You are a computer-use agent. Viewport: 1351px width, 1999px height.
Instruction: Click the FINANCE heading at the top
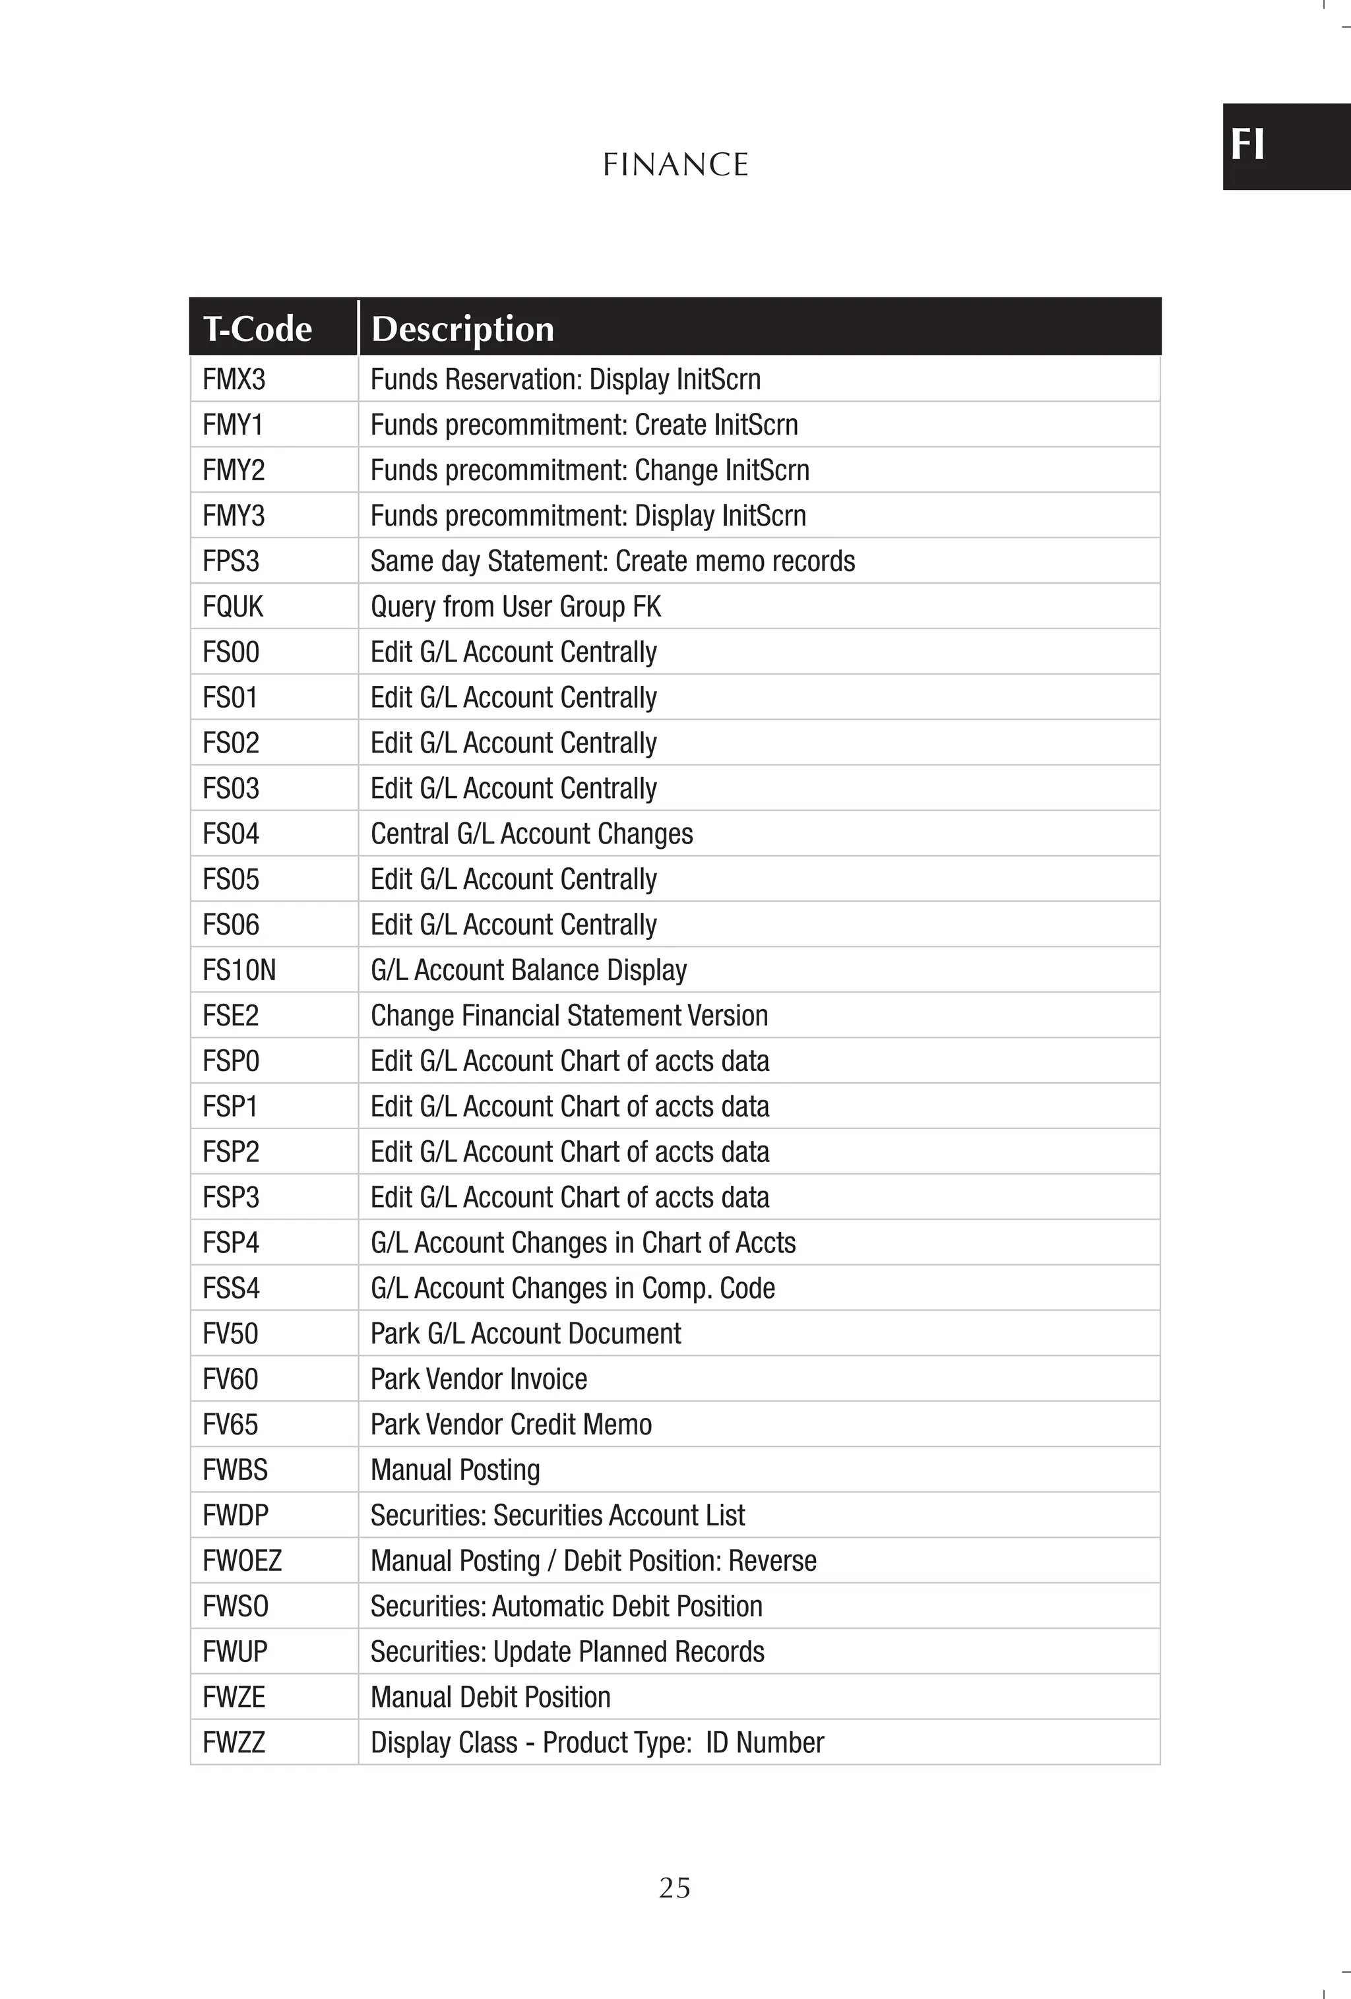tap(675, 164)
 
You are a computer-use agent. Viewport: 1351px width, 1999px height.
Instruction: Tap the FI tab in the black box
tap(1247, 144)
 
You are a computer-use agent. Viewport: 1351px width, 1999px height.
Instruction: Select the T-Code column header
tap(257, 328)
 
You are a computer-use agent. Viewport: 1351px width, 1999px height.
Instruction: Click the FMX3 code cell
tap(234, 379)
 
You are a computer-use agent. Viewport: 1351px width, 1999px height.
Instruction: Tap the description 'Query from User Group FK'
tap(515, 606)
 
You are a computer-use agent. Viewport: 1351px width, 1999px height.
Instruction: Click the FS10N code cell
tap(239, 970)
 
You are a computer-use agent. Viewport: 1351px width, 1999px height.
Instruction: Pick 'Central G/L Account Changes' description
tap(531, 834)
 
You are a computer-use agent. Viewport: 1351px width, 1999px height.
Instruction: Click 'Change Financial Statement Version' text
tap(569, 1016)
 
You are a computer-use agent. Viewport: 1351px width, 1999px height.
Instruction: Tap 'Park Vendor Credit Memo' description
tap(511, 1425)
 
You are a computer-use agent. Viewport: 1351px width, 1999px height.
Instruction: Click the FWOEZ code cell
tap(242, 1560)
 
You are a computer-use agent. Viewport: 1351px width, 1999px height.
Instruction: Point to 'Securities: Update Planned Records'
tap(567, 1651)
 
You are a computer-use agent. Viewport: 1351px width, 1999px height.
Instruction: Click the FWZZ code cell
tap(234, 1742)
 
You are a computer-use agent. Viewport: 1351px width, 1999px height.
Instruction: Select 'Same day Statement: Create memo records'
tap(613, 561)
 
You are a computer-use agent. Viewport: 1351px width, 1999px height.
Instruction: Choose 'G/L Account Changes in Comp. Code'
tap(572, 1287)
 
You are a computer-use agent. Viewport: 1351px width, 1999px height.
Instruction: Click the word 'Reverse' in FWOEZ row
tap(772, 1560)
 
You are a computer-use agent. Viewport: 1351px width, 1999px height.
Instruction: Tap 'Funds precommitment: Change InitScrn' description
tap(590, 470)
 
